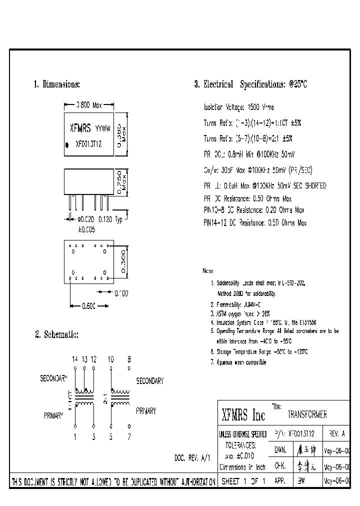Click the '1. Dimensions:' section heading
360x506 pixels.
point(56,84)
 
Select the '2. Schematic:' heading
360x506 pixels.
point(56,334)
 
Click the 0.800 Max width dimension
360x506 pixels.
point(88,105)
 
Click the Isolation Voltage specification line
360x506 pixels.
point(238,107)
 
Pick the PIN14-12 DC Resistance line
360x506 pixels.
point(254,223)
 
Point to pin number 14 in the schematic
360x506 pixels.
point(74,359)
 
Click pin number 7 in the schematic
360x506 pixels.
point(128,436)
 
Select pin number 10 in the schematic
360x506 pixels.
point(110,359)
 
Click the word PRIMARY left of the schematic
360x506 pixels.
point(53,415)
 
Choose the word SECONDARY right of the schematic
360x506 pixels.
point(149,381)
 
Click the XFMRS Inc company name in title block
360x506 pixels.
point(243,415)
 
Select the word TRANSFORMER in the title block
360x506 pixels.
point(307,414)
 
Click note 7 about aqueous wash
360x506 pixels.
point(238,362)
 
